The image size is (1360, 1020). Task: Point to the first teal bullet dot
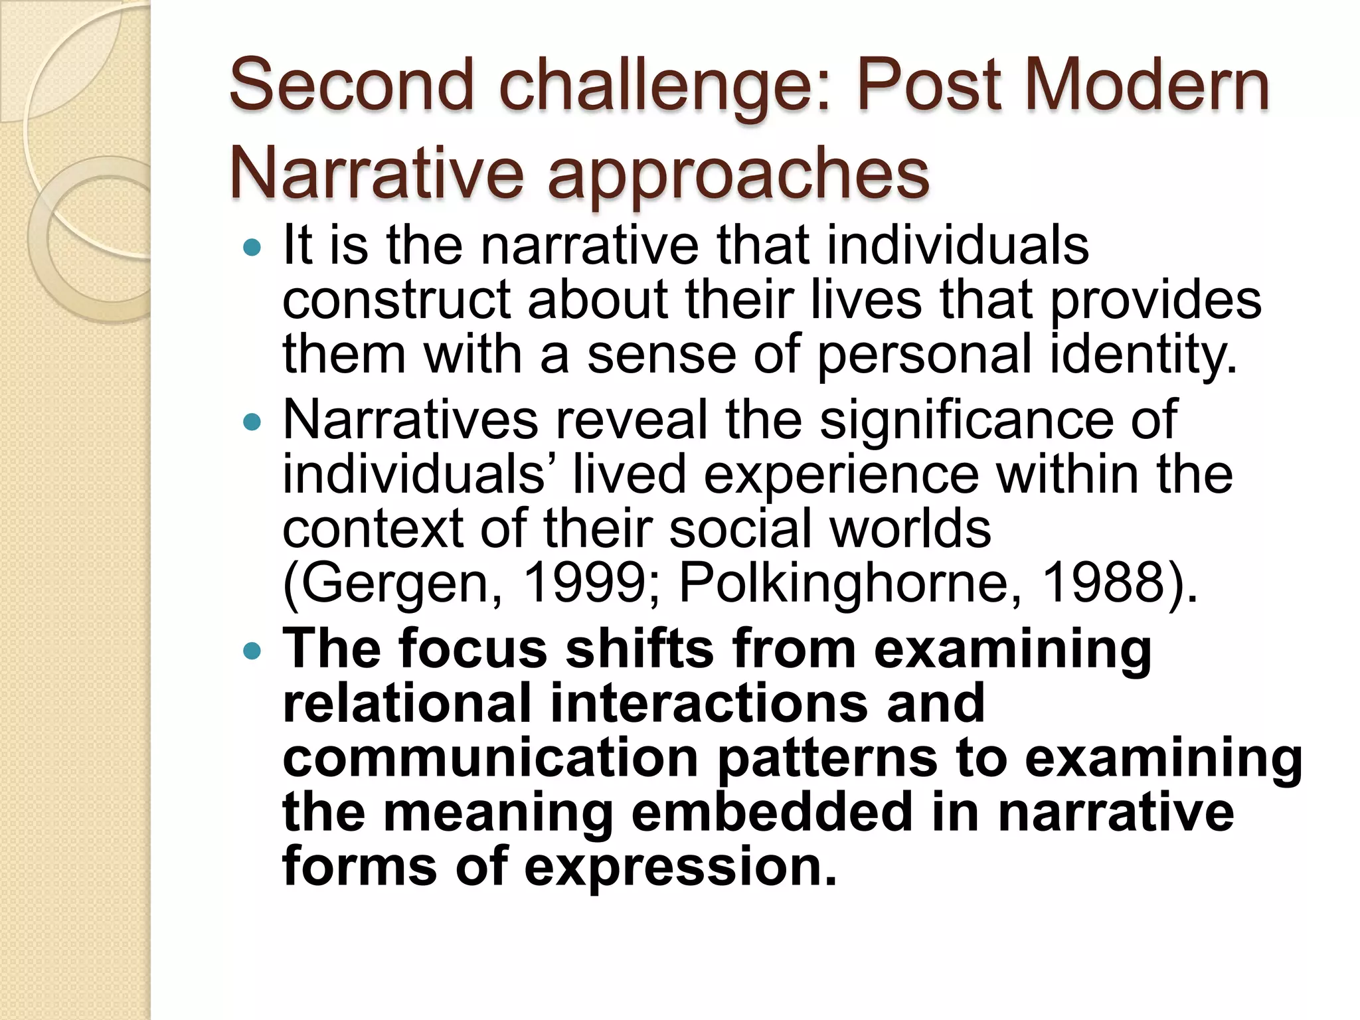coord(252,248)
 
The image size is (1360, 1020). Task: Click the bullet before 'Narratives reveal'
coord(252,422)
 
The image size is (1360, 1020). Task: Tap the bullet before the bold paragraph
coord(252,651)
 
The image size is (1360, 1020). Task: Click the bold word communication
coord(491,758)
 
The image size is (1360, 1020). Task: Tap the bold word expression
coord(680,868)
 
